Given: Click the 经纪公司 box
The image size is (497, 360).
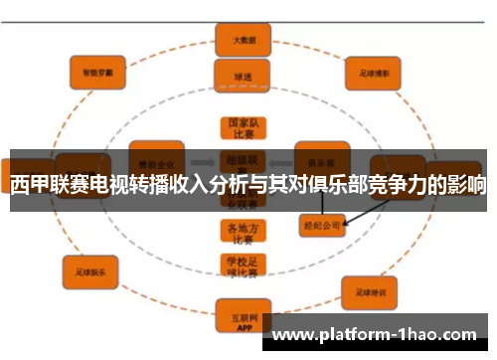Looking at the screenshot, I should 321,226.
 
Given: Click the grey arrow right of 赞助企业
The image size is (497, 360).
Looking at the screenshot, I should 202,159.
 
